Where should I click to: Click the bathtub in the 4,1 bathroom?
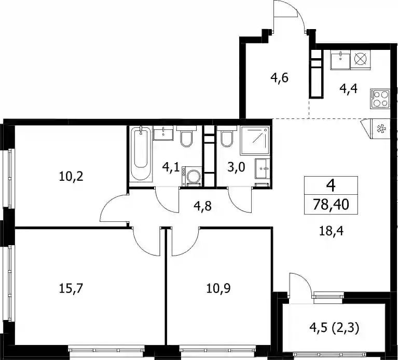pyautogui.click(x=141, y=153)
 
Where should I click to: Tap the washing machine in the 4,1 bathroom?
pyautogui.click(x=191, y=176)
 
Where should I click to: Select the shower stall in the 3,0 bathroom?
pyautogui.click(x=255, y=140)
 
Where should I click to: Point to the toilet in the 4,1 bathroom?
pyautogui.click(x=187, y=137)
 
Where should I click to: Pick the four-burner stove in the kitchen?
pyautogui.click(x=380, y=99)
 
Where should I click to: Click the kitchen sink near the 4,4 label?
pyautogui.click(x=340, y=59)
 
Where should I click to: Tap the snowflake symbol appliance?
pyautogui.click(x=380, y=129)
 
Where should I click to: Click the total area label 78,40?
pyautogui.click(x=331, y=204)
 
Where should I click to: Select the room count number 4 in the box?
pyautogui.click(x=331, y=185)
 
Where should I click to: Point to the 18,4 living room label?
pyautogui.click(x=331, y=231)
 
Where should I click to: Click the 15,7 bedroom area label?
pyautogui.click(x=71, y=288)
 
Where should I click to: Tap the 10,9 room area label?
pyautogui.click(x=218, y=288)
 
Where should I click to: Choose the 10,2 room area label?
pyautogui.click(x=71, y=176)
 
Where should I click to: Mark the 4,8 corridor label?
pyautogui.click(x=202, y=206)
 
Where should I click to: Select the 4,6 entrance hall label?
pyautogui.click(x=280, y=77)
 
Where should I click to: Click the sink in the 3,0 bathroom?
pyautogui.click(x=263, y=168)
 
